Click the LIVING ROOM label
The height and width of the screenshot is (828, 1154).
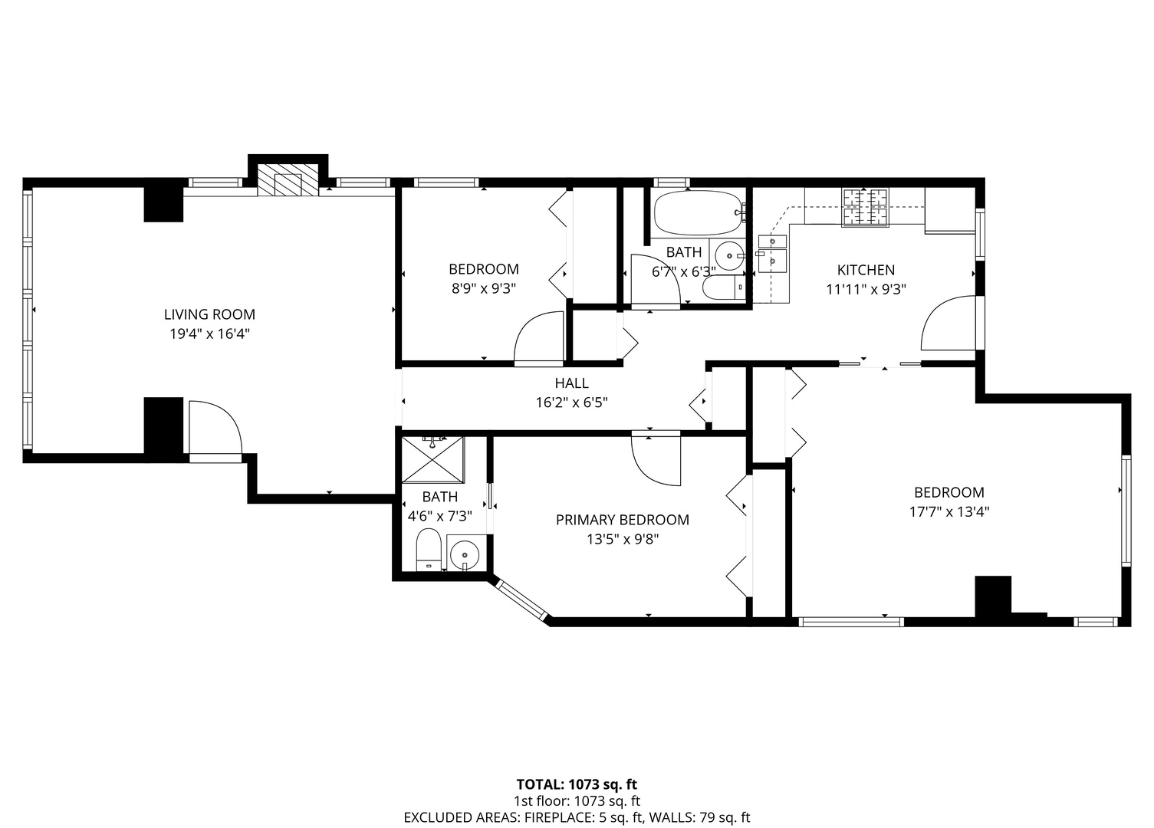pos(209,314)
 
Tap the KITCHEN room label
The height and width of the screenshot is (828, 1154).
pos(866,270)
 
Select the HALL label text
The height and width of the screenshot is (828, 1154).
pos(572,383)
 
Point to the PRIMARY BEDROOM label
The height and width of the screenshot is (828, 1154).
pos(623,520)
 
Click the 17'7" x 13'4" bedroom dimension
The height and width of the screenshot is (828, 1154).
pos(949,511)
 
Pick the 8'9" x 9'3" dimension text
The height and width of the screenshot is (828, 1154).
pos(484,288)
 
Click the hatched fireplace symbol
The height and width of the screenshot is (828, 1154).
pos(288,180)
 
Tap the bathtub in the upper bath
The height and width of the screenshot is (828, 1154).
pos(699,213)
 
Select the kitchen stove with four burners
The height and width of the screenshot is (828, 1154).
pos(866,207)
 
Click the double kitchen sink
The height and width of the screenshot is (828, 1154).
pos(773,254)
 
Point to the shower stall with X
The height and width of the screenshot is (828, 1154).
pos(432,459)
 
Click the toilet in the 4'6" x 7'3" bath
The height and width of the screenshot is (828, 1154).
pos(429,550)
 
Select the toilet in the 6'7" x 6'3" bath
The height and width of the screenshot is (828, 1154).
pos(724,287)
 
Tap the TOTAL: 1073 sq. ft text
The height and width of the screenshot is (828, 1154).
pos(577,784)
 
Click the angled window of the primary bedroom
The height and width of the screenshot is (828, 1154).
pos(522,600)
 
